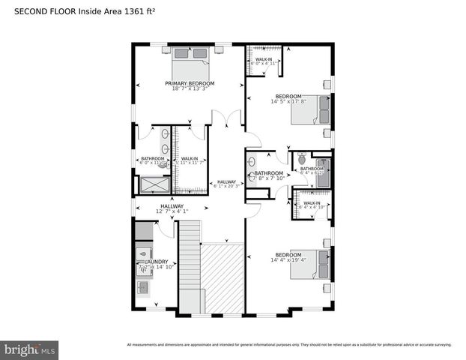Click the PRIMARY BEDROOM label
click(x=190, y=83)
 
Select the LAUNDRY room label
click(x=148, y=262)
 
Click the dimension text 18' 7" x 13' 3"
click(x=190, y=89)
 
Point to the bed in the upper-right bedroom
click(x=321, y=109)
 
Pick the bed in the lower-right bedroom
click(x=321, y=264)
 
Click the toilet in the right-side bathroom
click(x=301, y=159)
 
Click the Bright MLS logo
click(x=30, y=349)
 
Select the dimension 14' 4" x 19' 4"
click(x=288, y=259)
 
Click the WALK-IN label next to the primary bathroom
click(x=190, y=159)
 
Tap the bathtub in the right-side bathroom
click(x=323, y=173)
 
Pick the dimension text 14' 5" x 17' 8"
click(x=288, y=102)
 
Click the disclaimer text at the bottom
click(x=289, y=345)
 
